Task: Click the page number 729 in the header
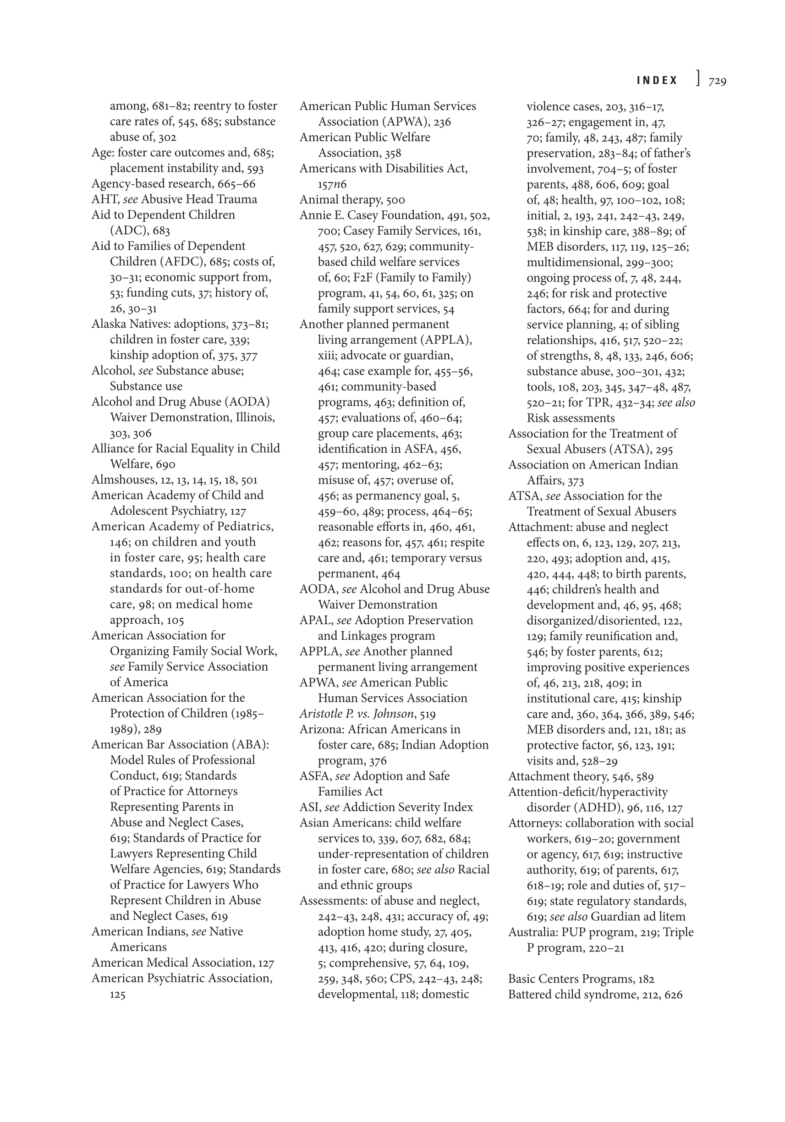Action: pos(717,81)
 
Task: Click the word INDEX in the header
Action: pos(657,81)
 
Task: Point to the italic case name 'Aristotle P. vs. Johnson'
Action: pos(357,714)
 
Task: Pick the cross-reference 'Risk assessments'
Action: pos(571,418)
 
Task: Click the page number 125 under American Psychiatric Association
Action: pos(117,995)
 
